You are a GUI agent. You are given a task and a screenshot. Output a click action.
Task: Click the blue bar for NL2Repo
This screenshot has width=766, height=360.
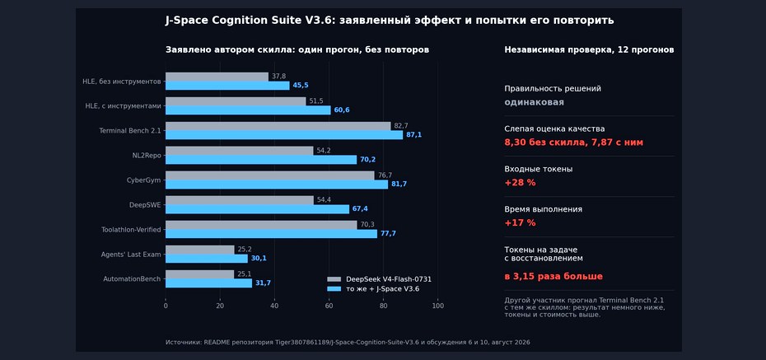pyautogui.click(x=261, y=160)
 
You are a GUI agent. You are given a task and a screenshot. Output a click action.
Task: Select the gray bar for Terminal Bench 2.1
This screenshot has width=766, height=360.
pyautogui.click(x=278, y=126)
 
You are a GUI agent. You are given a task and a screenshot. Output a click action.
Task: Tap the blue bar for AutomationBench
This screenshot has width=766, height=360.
pyautogui.click(x=208, y=283)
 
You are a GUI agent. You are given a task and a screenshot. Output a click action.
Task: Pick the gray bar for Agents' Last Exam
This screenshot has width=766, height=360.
pyautogui.click(x=200, y=250)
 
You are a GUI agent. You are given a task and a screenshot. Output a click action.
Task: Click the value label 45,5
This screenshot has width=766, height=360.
pyautogui.click(x=301, y=86)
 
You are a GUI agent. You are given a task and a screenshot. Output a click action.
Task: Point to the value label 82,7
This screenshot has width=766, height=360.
pyautogui.click(x=401, y=126)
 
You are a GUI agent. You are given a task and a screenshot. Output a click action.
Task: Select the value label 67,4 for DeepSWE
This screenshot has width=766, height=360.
pyautogui.click(x=360, y=209)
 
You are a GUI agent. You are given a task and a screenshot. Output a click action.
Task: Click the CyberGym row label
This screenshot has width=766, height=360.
pyautogui.click(x=143, y=180)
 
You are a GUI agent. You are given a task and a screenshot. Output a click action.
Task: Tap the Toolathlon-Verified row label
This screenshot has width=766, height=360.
pyautogui.click(x=131, y=230)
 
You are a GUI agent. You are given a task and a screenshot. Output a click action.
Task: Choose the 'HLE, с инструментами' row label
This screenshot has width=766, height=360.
pyautogui.click(x=123, y=106)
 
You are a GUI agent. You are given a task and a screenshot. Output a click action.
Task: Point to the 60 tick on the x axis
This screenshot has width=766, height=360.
pyautogui.click(x=329, y=306)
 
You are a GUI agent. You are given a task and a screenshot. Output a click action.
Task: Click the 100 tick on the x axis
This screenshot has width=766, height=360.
pyautogui.click(x=438, y=306)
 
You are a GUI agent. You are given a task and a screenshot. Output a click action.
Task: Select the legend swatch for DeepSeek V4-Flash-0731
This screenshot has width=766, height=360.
pyautogui.click(x=334, y=279)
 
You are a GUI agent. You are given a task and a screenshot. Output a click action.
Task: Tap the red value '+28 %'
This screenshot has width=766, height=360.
pyautogui.click(x=520, y=183)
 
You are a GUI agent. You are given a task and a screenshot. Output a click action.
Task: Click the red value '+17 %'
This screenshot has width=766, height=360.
pyautogui.click(x=520, y=222)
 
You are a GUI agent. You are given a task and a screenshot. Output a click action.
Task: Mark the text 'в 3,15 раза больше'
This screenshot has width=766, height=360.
pyautogui.click(x=553, y=277)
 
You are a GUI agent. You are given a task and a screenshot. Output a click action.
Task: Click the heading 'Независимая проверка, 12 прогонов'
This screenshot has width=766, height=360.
pyautogui.click(x=589, y=49)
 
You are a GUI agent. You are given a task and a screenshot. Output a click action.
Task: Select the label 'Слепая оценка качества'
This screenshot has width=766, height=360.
pyautogui.click(x=554, y=129)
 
